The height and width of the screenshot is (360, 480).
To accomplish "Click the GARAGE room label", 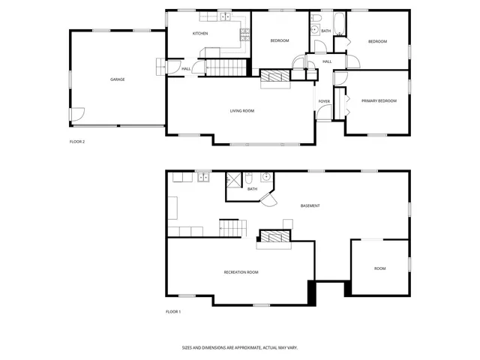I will (x=118, y=79).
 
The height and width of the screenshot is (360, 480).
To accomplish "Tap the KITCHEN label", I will (x=200, y=34).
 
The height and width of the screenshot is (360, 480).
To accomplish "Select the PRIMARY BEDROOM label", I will (x=379, y=100).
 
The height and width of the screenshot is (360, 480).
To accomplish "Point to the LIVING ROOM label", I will (x=242, y=111).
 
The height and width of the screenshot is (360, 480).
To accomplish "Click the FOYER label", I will (x=324, y=100).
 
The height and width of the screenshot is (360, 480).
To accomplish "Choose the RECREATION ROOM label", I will (x=241, y=272).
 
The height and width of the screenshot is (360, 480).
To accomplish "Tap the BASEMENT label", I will (x=310, y=206).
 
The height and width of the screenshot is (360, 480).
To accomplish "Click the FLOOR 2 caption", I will (x=77, y=142).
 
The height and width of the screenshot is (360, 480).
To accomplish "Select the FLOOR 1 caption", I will (x=173, y=312).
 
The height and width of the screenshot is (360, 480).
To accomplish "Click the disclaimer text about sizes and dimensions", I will (x=240, y=347).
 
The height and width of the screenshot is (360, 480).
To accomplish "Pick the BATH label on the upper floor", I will (x=325, y=31).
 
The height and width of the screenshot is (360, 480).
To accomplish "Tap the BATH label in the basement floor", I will (x=253, y=189).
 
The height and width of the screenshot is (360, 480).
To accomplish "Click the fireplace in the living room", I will (x=274, y=75).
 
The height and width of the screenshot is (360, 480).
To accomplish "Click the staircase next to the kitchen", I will (x=226, y=68).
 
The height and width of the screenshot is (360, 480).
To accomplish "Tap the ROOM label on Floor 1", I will (x=380, y=268).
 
